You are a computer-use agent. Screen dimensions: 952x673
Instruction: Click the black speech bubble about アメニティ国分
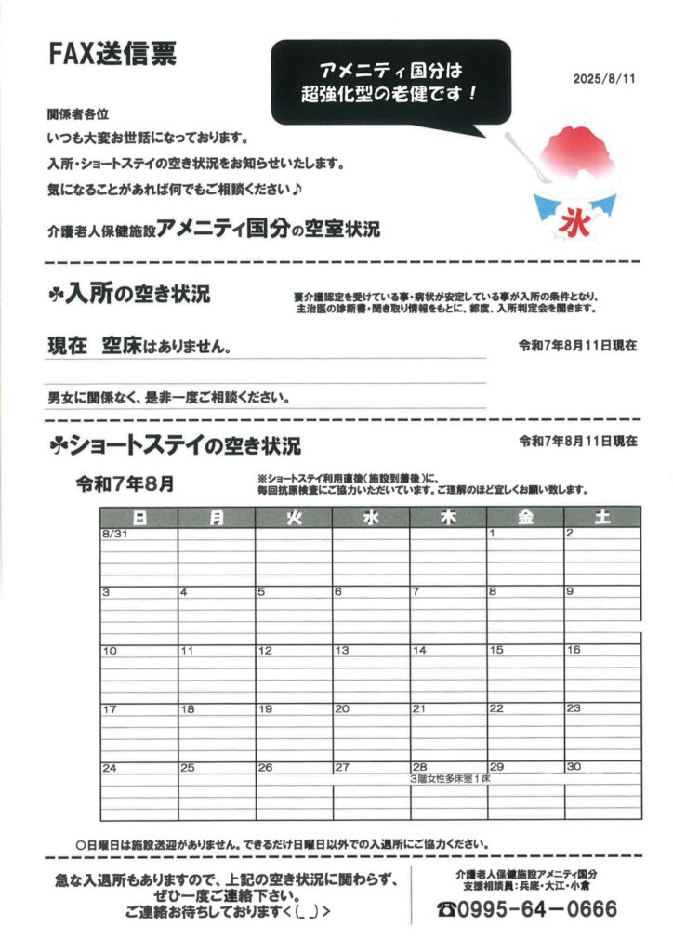tap(390, 83)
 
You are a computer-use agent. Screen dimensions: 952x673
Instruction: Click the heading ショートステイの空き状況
tap(177, 446)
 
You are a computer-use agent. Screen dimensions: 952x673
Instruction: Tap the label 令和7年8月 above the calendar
tap(124, 483)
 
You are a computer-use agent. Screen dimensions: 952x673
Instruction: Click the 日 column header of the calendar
tap(139, 518)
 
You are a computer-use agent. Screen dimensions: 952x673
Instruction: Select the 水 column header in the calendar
tap(371, 518)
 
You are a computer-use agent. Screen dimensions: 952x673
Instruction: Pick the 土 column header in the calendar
tap(601, 518)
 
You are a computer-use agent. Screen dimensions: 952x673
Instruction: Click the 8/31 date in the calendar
tap(114, 534)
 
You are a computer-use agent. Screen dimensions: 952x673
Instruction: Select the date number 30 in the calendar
tap(573, 767)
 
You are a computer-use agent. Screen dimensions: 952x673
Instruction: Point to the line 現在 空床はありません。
tap(139, 347)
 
